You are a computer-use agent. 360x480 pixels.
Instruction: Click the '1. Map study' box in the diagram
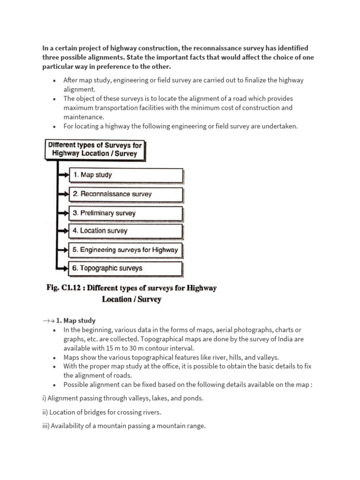click(x=126, y=175)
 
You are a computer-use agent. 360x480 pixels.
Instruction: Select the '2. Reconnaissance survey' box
click(x=126, y=194)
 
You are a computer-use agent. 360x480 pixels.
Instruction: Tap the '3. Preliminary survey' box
click(x=126, y=213)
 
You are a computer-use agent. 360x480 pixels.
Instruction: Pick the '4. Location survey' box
click(x=126, y=231)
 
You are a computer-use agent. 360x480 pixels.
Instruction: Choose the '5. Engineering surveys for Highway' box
click(x=126, y=250)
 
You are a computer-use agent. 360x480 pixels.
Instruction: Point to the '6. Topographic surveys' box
click(x=126, y=269)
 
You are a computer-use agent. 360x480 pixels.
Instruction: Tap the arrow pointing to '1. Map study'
click(x=63, y=175)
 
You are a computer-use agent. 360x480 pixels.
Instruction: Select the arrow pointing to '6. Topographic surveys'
click(x=63, y=269)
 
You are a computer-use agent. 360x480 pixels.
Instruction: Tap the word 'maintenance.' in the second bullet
click(x=83, y=117)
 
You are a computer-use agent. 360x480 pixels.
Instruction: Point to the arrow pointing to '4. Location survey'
click(x=63, y=231)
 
